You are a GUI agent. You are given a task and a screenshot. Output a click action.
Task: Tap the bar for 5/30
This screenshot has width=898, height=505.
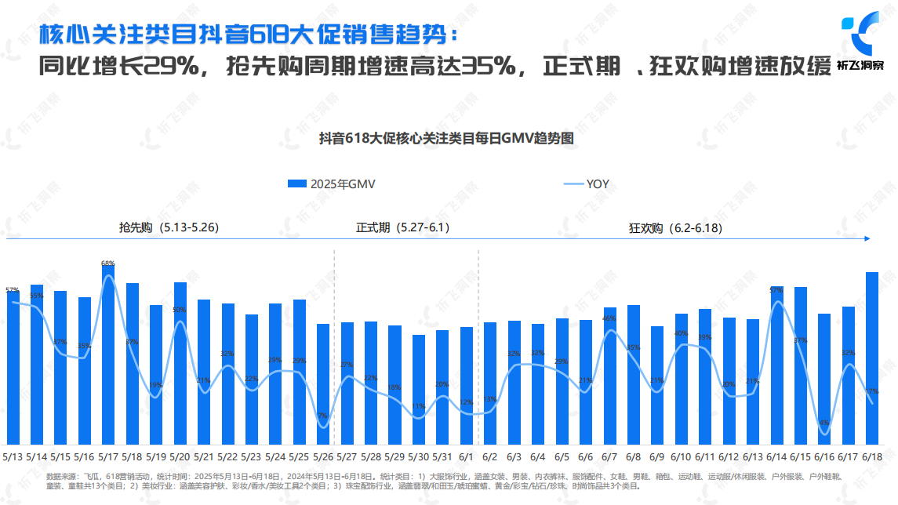pos(419,389)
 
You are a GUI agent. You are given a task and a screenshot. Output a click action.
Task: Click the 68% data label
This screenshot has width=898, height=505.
pos(108,263)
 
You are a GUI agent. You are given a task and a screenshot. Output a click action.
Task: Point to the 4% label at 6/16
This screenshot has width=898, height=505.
pos(823,423)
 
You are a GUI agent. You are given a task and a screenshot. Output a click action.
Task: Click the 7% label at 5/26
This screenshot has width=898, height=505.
pos(322,416)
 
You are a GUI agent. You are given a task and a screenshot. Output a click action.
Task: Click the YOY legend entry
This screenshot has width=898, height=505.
pos(587,184)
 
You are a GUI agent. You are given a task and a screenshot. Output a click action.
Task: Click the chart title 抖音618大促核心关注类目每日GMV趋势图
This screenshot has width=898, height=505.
pos(448,138)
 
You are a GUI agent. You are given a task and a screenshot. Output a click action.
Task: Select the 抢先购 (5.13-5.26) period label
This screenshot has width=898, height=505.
pos(168,227)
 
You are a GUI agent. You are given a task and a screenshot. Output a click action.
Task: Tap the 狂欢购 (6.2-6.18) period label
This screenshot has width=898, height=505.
pos(675,228)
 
